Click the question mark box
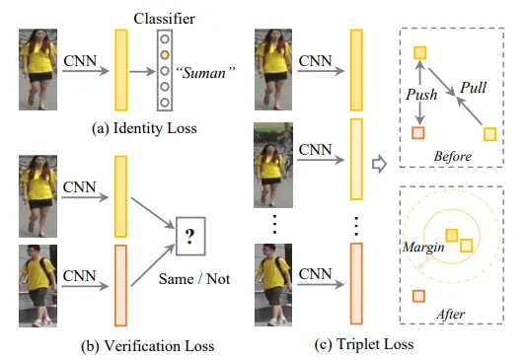(x=189, y=234)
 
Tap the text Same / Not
(x=193, y=279)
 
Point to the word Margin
(x=421, y=248)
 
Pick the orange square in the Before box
(x=418, y=132)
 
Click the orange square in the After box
(x=418, y=295)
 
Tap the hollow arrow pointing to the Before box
(x=377, y=163)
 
